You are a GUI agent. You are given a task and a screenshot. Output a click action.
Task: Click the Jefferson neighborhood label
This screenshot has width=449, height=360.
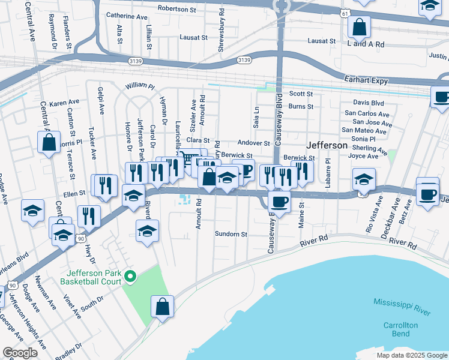tap(327, 145)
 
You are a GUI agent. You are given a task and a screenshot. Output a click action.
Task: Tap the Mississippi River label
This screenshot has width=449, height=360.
tap(402, 306)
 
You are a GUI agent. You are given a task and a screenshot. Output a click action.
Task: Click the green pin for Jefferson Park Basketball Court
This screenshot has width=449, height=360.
tap(128, 277)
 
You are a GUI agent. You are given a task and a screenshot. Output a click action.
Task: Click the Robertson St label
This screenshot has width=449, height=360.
tap(177, 8)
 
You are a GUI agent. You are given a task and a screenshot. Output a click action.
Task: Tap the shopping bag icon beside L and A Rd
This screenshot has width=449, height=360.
tap(358, 27)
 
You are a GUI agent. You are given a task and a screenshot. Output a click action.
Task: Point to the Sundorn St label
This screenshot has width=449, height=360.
tap(232, 234)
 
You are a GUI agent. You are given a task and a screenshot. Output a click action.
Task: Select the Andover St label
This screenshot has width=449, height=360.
tap(254, 143)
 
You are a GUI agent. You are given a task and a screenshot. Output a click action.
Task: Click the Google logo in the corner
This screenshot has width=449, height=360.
tap(20, 353)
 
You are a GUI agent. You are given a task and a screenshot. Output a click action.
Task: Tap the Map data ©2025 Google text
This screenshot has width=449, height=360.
tap(411, 355)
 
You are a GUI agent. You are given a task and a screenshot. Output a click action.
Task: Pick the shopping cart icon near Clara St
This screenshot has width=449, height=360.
tap(188, 159)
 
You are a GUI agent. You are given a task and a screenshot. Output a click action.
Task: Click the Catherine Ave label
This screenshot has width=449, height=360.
tap(126, 16)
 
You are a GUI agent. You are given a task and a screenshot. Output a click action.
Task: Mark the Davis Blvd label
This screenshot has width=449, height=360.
tap(368, 103)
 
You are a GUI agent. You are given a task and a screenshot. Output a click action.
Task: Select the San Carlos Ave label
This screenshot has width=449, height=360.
tap(366, 113)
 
